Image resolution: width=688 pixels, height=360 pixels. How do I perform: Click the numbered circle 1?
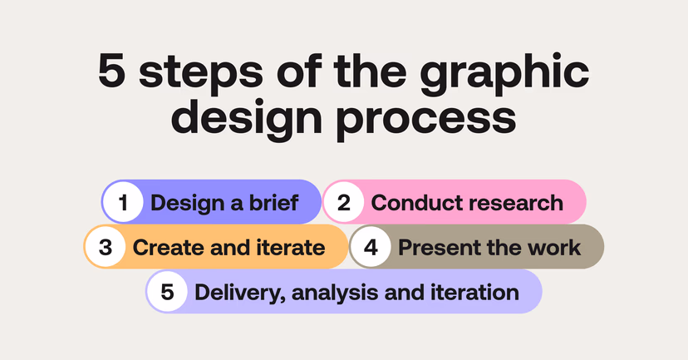[122, 203]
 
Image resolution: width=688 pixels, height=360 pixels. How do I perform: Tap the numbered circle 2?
[342, 203]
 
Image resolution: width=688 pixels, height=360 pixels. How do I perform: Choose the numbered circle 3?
[105, 247]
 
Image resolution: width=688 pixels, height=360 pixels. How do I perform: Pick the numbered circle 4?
[370, 247]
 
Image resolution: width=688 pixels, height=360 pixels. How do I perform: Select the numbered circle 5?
[167, 292]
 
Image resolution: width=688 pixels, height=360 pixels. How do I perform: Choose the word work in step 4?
[556, 247]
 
